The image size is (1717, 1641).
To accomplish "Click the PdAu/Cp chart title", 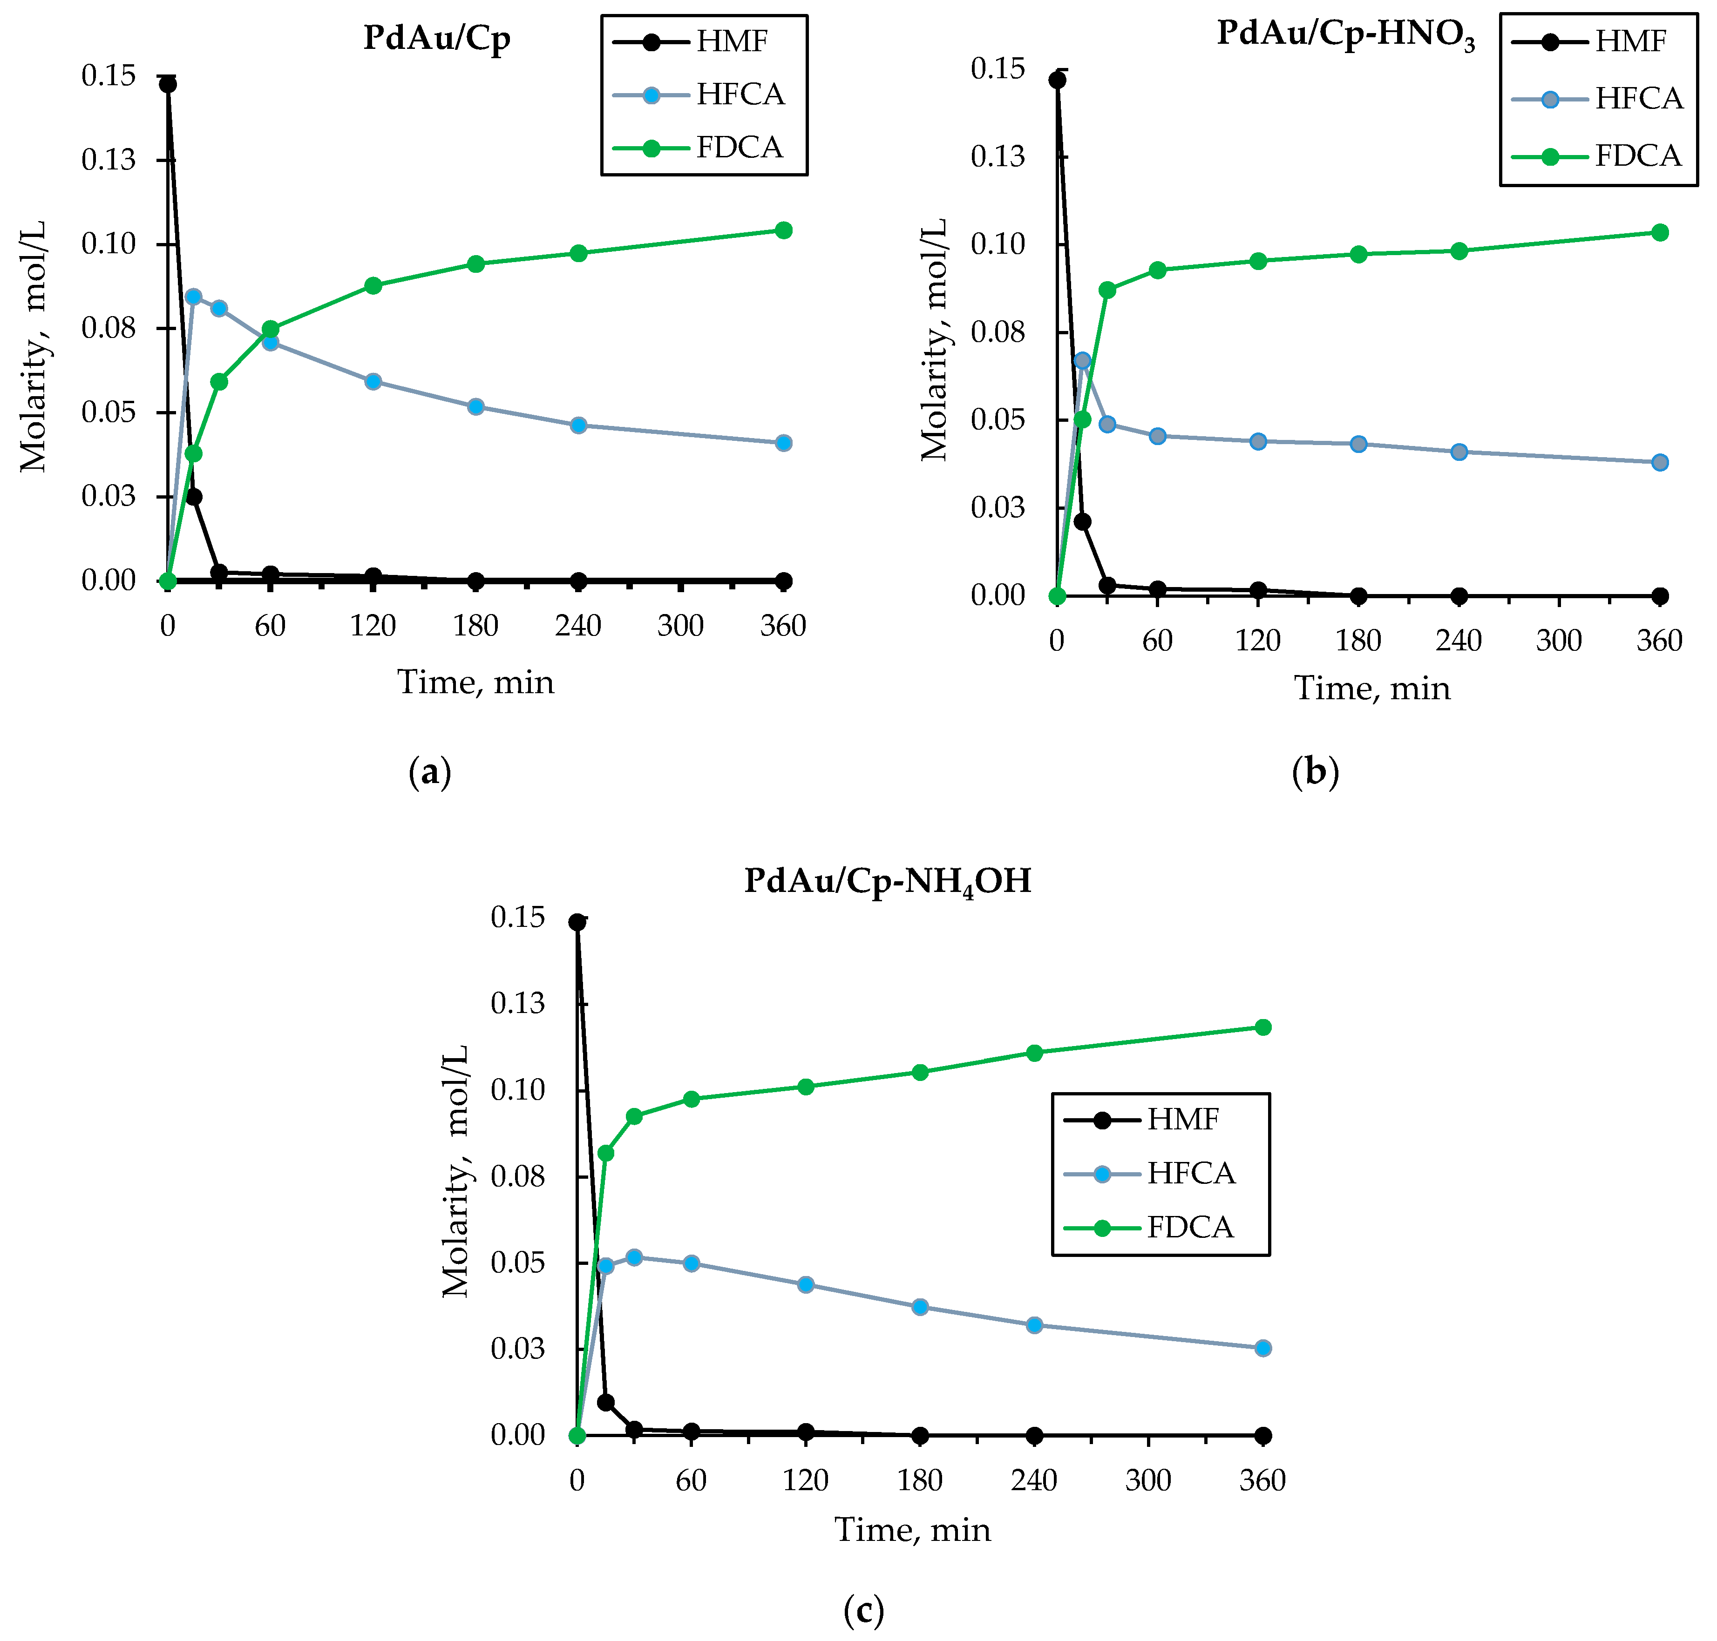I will pyautogui.click(x=437, y=39).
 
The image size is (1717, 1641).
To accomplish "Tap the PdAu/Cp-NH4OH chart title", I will pyautogui.click(x=888, y=881).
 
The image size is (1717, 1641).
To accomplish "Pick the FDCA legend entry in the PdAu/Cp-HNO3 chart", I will pyautogui.click(x=1597, y=155).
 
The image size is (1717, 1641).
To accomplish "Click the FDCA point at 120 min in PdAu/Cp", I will pyautogui.click(x=373, y=285).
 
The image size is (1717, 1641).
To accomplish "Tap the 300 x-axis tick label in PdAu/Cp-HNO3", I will pyautogui.click(x=1559, y=641).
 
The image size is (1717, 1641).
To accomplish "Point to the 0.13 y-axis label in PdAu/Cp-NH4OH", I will pyautogui.click(x=517, y=1003).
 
